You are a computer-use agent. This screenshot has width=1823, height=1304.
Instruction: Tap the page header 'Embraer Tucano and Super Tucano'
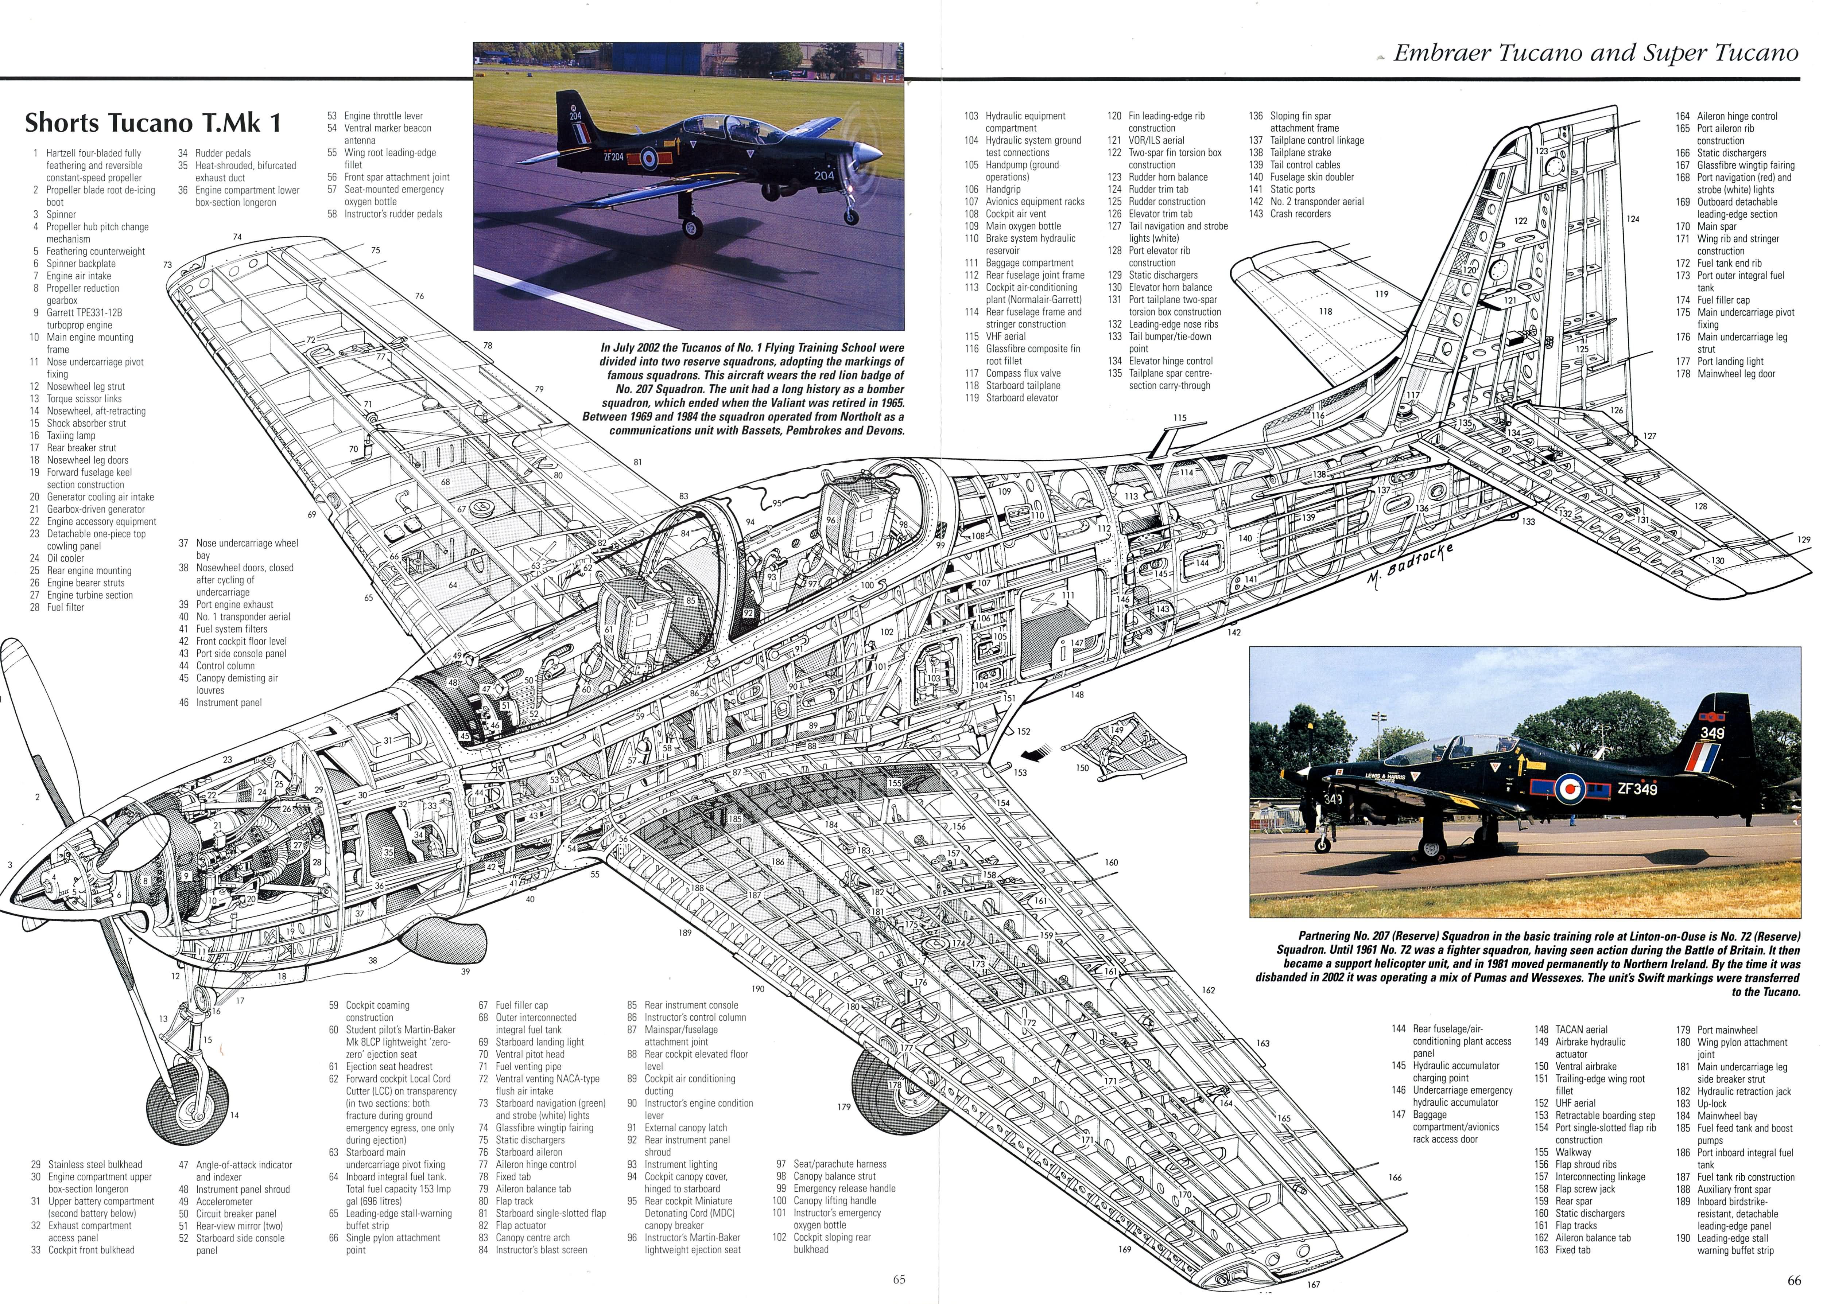pyautogui.click(x=1595, y=53)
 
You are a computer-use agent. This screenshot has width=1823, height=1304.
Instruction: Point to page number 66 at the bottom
pyautogui.click(x=1794, y=1280)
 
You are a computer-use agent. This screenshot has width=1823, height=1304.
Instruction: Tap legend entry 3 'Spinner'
pyautogui.click(x=56, y=214)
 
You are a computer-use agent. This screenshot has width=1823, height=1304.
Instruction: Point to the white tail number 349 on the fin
pyautogui.click(x=1711, y=733)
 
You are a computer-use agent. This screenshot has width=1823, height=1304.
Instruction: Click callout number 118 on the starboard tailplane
pyautogui.click(x=1325, y=312)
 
